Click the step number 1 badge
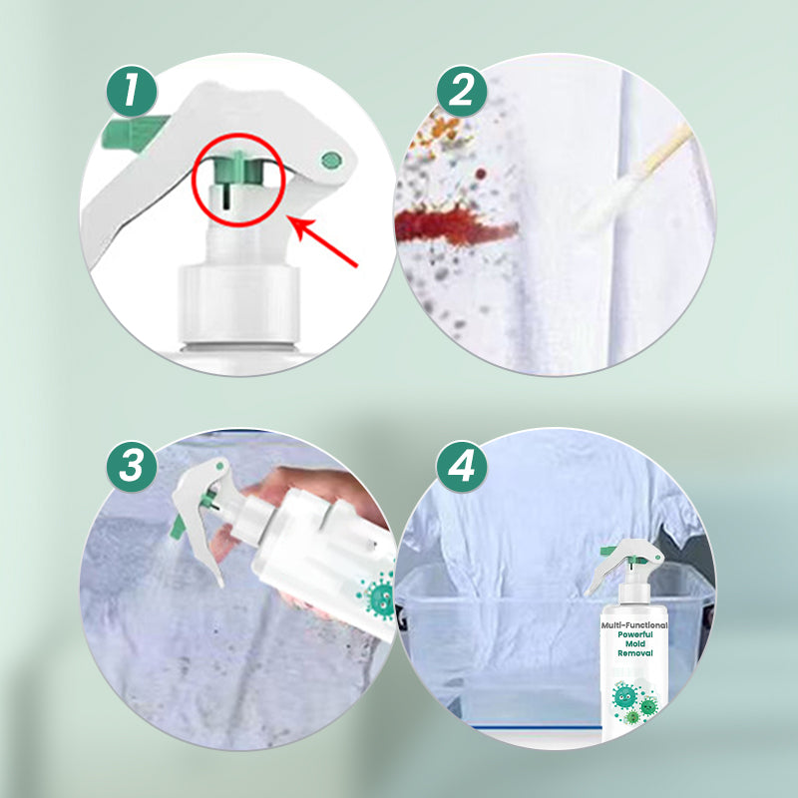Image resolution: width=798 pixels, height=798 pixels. pos(132,92)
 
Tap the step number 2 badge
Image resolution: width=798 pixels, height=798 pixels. pos(462,92)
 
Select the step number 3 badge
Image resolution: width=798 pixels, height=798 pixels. pos(132,466)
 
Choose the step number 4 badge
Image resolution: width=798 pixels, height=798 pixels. pos(462,466)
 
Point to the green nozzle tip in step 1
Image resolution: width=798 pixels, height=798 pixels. pos(134,132)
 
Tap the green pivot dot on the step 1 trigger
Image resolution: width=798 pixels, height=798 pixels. pos(331,161)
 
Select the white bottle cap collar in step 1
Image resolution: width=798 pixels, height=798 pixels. pos(238,304)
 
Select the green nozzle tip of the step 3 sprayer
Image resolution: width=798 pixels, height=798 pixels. pos(178,527)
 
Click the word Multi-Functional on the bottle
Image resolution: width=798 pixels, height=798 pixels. pos(634,625)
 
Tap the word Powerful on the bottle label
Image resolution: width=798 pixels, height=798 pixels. pos(635,634)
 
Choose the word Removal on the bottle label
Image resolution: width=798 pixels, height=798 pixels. pos(635,653)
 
